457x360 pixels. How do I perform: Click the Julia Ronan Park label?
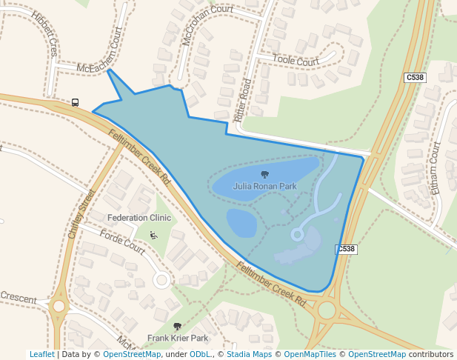[x=264, y=186]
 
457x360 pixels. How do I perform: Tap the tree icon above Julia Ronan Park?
[x=264, y=175]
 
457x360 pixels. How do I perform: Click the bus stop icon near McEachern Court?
[x=75, y=103]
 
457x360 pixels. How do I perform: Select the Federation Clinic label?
[x=139, y=218]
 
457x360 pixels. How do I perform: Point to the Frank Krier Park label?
[x=177, y=338]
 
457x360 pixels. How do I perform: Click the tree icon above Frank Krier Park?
[x=177, y=327]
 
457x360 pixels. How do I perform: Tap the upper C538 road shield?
[x=414, y=77]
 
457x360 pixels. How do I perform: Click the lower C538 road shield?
[x=346, y=250]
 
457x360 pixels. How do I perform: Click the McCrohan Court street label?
[x=207, y=26]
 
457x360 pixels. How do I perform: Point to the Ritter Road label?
[x=243, y=101]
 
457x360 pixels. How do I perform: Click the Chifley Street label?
[x=82, y=213]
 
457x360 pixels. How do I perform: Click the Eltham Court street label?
[x=435, y=169]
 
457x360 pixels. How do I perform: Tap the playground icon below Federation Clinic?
[x=153, y=236]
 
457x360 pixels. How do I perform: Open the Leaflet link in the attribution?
[x=42, y=354]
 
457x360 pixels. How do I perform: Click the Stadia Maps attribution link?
[x=249, y=354]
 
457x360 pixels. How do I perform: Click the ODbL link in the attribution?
[x=200, y=354]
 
